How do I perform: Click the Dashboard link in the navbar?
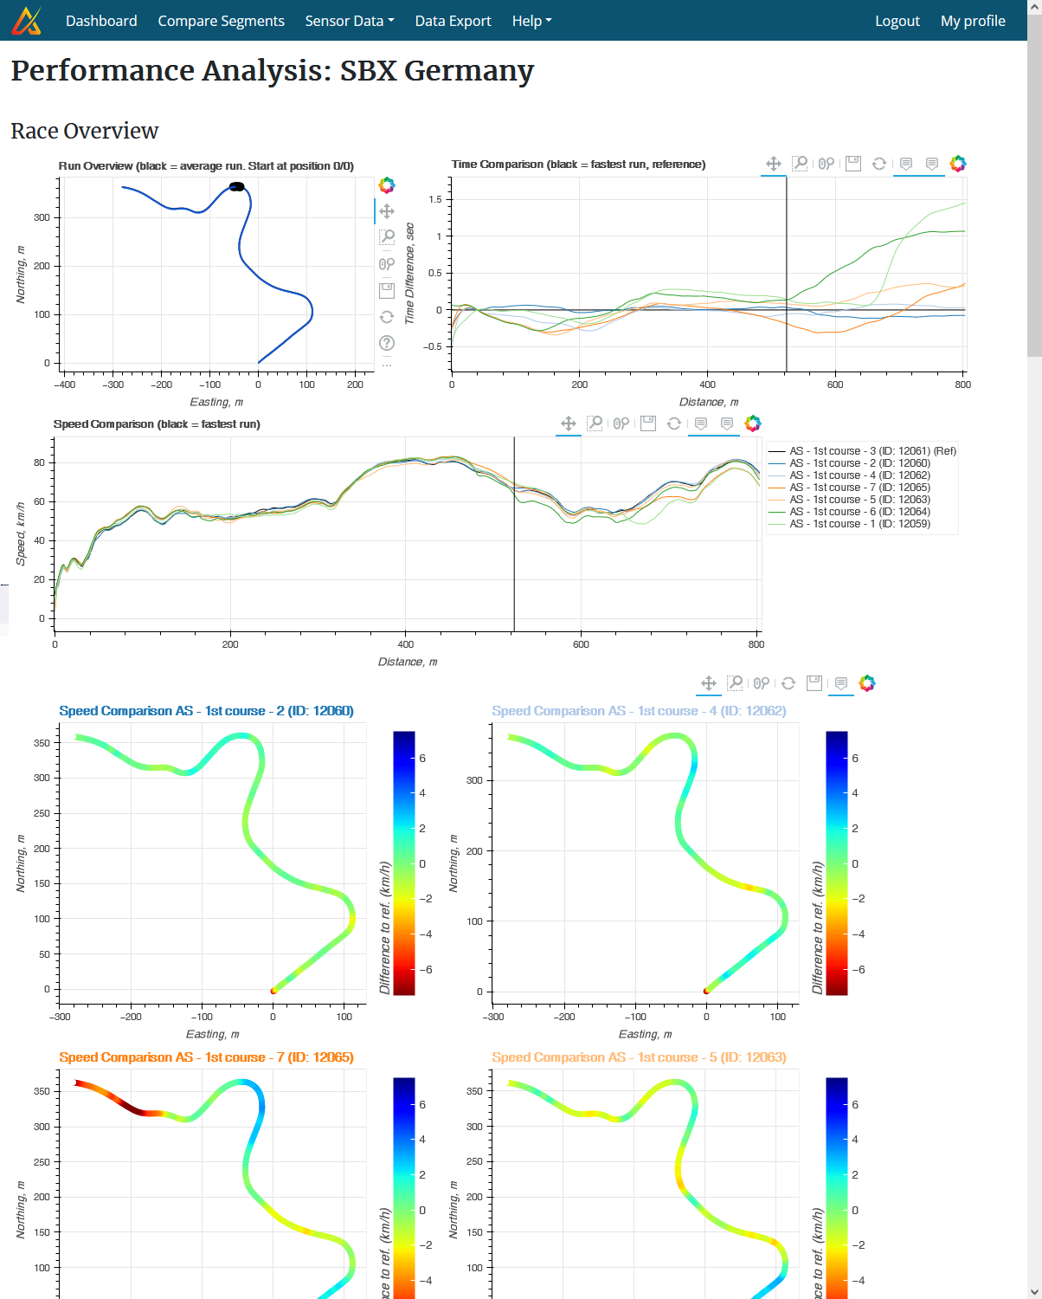pyautogui.click(x=101, y=21)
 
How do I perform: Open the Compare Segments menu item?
pyautogui.click(x=221, y=21)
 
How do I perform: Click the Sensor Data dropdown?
pyautogui.click(x=349, y=21)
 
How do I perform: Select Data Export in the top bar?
pyautogui.click(x=453, y=21)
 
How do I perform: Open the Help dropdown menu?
pyautogui.click(x=531, y=21)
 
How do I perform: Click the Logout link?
pyautogui.click(x=897, y=21)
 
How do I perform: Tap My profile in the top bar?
pyautogui.click(x=973, y=21)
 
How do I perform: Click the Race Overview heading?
pyautogui.click(x=85, y=131)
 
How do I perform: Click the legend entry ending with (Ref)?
pyautogui.click(x=872, y=451)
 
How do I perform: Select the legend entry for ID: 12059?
pyautogui.click(x=859, y=524)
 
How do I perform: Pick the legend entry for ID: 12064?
pyautogui.click(x=859, y=512)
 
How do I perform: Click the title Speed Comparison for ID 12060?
pyautogui.click(x=206, y=711)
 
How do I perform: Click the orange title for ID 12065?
pyautogui.click(x=206, y=1057)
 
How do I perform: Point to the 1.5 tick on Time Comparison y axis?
pyautogui.click(x=435, y=200)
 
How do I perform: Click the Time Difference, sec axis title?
pyautogui.click(x=410, y=274)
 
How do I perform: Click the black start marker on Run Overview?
pyautogui.click(x=236, y=186)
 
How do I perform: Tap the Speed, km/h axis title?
pyautogui.click(x=21, y=533)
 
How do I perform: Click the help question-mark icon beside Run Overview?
pyautogui.click(x=387, y=343)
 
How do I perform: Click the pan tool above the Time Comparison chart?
pyautogui.click(x=774, y=164)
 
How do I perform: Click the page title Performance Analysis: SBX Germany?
pyautogui.click(x=272, y=70)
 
